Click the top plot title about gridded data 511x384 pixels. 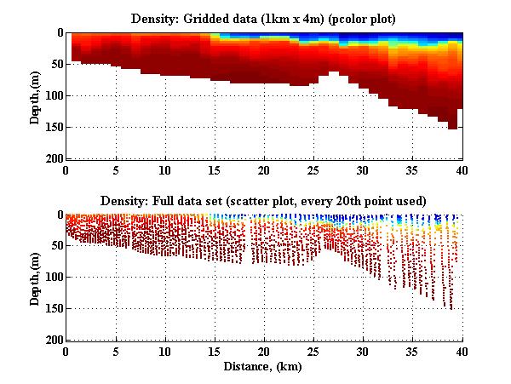pos(264,18)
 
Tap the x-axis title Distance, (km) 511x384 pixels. pos(264,366)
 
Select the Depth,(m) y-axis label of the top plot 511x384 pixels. pos(35,95)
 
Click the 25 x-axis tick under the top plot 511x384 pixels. pos(314,170)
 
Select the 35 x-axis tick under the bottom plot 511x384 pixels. pos(413,352)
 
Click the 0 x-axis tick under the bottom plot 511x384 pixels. pos(66,352)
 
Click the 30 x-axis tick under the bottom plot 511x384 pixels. pos(364,352)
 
